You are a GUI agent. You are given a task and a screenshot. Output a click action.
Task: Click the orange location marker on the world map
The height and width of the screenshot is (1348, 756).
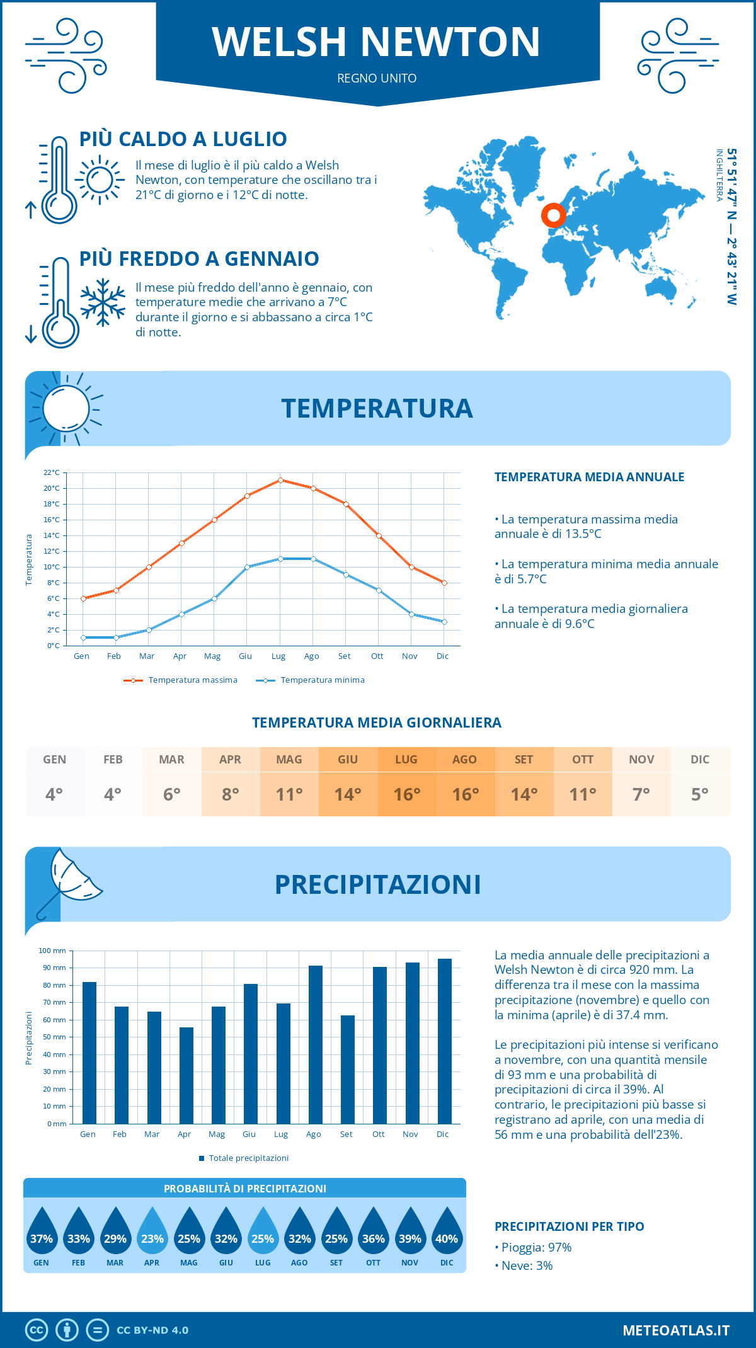coord(553,215)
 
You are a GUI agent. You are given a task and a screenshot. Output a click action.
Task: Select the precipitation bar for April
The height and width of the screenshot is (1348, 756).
coord(186,1075)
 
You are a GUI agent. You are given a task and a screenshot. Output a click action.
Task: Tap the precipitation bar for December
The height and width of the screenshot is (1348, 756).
coord(445,1041)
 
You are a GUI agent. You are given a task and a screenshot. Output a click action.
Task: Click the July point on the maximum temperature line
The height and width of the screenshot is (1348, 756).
coord(280,480)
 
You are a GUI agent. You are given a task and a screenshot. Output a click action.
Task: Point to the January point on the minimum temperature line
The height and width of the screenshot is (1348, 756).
coord(83,637)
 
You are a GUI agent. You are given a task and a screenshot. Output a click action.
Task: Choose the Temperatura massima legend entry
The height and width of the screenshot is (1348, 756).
coord(181,680)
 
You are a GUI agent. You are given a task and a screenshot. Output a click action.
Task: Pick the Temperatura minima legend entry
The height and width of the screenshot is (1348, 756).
coord(311,680)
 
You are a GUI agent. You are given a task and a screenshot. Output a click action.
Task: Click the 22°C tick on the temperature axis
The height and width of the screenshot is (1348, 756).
coord(52,472)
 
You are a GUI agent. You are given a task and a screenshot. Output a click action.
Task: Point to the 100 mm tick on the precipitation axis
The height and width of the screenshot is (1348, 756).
coord(52,951)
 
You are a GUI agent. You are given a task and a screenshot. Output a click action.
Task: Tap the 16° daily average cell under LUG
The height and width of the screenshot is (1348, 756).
coord(406,794)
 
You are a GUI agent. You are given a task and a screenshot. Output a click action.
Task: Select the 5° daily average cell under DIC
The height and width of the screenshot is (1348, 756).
coord(700,794)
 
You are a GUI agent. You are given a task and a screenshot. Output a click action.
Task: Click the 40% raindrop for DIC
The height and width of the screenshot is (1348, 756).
coord(447,1232)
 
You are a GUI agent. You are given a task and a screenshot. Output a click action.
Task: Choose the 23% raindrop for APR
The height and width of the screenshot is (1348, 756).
coord(152,1232)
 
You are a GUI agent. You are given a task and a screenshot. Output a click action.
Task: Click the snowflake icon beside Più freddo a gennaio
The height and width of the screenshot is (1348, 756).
coord(103,302)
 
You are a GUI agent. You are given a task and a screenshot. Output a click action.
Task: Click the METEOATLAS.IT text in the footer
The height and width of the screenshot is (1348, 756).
coord(676,1330)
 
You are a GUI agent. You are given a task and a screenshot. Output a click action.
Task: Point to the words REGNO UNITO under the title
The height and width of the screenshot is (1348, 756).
coord(377,78)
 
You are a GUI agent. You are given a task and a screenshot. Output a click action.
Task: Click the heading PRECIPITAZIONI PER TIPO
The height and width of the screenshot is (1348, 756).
coord(569,1226)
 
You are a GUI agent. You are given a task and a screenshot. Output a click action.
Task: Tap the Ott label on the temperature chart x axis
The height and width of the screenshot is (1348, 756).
coord(377,656)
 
